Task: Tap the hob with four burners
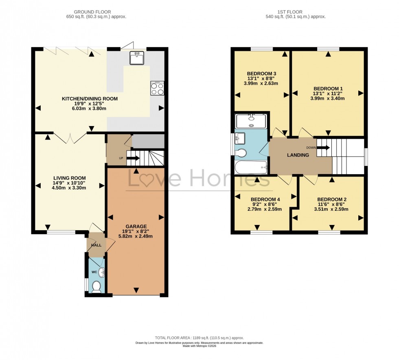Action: pos(157,88)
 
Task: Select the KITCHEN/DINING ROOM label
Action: pos(90,99)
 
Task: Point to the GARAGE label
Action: pos(136,227)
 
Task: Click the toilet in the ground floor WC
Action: pos(96,288)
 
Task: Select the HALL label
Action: pos(96,245)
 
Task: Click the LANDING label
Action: pos(298,155)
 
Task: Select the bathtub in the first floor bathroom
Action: pos(251,167)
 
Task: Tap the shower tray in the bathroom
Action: pos(251,121)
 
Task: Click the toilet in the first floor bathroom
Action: pos(242,153)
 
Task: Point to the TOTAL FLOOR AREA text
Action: pos(199,338)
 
